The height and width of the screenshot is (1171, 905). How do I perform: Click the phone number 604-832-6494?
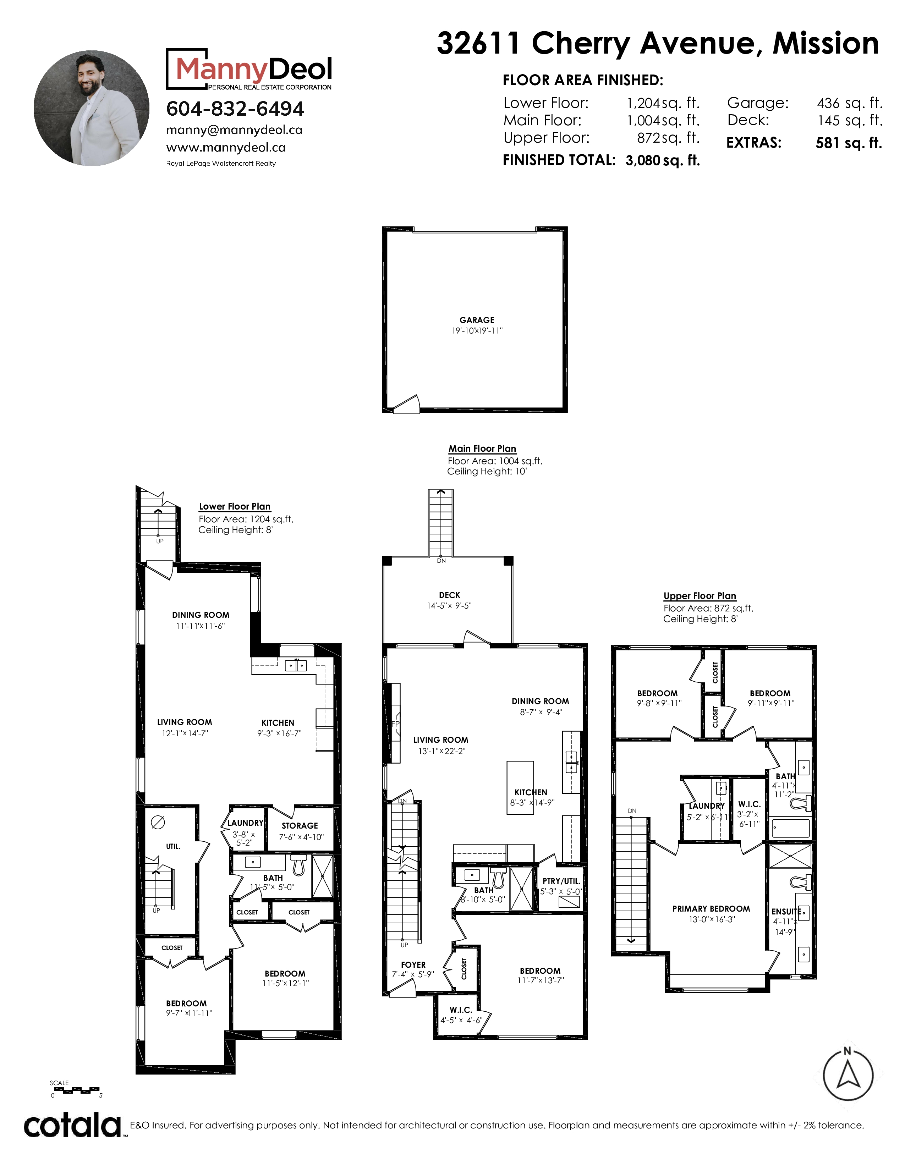[x=235, y=109]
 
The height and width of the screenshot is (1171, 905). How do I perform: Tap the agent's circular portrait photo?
[x=92, y=108]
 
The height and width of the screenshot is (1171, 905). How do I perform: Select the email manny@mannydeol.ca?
[x=234, y=130]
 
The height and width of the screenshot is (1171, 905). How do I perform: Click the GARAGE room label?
[x=477, y=320]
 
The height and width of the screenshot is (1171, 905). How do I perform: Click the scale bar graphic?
[x=77, y=1090]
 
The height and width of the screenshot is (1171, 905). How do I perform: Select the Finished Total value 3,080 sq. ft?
[x=663, y=160]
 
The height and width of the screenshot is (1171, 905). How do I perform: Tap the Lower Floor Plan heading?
[x=235, y=507]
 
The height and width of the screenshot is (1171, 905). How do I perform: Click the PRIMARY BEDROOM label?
[x=711, y=909]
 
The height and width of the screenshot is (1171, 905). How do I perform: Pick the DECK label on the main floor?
[x=449, y=595]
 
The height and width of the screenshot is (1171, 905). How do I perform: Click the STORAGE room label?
[x=300, y=826]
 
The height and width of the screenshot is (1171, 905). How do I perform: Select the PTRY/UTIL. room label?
[x=561, y=881]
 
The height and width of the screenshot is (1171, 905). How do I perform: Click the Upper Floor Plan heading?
[x=700, y=596]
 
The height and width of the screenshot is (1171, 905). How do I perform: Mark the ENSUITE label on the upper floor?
[x=786, y=912]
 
